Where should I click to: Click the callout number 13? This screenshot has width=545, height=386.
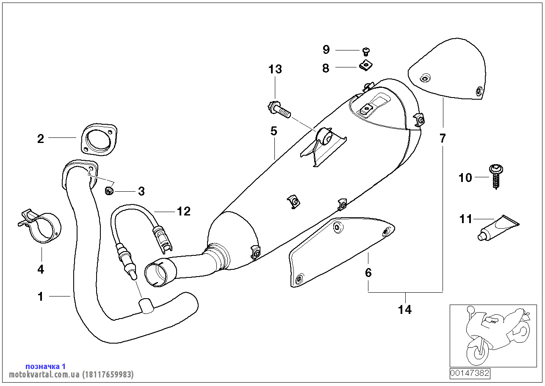point(275,69)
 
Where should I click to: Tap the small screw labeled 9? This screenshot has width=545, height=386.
point(366,52)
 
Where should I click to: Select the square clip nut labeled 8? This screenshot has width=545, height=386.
point(366,66)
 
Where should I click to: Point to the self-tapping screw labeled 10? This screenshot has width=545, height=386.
point(496,176)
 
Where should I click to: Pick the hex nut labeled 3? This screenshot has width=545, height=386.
point(109,190)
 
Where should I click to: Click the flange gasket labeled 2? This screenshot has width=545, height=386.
point(99,140)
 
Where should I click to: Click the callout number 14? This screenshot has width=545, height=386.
point(404,310)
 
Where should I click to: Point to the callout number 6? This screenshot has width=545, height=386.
point(368,272)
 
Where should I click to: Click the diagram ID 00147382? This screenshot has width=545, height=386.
point(470,373)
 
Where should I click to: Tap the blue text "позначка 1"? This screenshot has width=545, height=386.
point(45,366)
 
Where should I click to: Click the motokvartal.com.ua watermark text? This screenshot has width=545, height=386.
point(71,375)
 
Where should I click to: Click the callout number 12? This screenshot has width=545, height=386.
point(184,211)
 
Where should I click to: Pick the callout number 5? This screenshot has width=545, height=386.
point(274,131)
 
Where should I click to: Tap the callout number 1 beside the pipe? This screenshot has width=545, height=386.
point(40,296)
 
